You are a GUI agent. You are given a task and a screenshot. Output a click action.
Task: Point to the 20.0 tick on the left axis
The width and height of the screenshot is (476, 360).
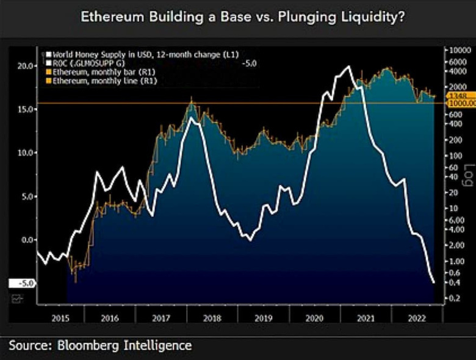(24, 66)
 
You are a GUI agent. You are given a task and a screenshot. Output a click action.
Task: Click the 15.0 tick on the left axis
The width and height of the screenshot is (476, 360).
(24, 109)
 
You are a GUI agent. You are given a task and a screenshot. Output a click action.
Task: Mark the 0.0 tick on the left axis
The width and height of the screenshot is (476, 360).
(26, 240)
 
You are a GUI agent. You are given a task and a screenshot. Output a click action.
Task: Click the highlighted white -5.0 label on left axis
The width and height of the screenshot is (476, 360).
(22, 284)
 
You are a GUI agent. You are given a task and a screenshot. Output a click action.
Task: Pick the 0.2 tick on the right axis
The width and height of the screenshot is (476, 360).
(453, 298)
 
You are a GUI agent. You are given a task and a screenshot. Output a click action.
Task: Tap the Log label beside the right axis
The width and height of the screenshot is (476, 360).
(469, 175)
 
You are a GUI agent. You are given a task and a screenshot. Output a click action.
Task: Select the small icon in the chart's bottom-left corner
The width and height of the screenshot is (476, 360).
(16, 298)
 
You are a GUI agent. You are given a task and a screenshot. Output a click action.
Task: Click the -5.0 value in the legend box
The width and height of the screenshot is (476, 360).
(249, 63)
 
